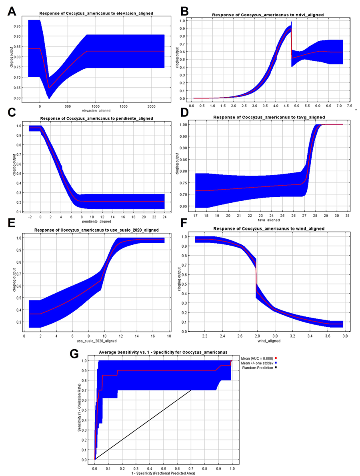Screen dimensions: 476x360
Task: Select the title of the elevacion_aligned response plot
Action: click(96, 14)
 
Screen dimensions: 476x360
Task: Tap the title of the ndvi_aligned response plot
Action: click(267, 15)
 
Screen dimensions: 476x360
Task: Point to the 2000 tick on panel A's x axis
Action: click(151, 107)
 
